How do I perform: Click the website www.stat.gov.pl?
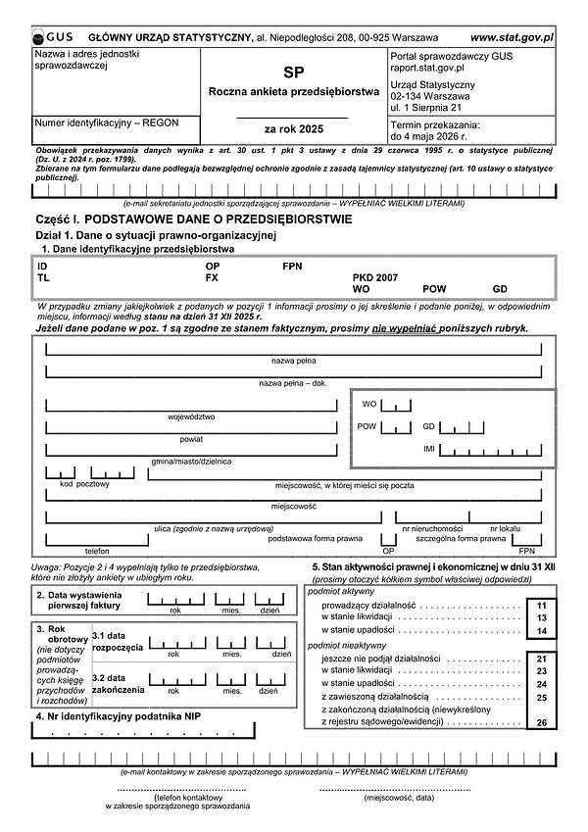tap(512, 35)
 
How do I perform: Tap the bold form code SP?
tap(293, 73)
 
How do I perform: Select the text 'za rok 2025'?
tap(293, 128)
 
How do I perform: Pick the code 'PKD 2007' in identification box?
tap(375, 278)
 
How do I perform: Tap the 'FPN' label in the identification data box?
tap(293, 266)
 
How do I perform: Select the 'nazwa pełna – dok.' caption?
tap(292, 382)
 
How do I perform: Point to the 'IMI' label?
tap(428, 448)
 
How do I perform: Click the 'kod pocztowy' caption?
tap(84, 483)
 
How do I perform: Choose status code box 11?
tap(541, 608)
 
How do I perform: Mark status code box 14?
tap(541, 632)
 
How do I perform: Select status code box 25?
tap(541, 697)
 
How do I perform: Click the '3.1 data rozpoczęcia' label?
tap(117, 642)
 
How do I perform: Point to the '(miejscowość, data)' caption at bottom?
tap(398, 799)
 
